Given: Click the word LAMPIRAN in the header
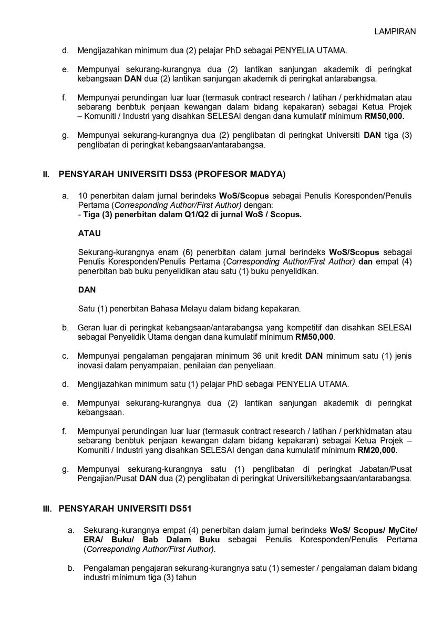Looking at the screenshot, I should coord(395,31).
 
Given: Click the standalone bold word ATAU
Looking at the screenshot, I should coord(89,232).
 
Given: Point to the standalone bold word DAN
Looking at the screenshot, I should coord(87,290).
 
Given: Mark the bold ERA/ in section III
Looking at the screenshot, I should coord(92,540).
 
